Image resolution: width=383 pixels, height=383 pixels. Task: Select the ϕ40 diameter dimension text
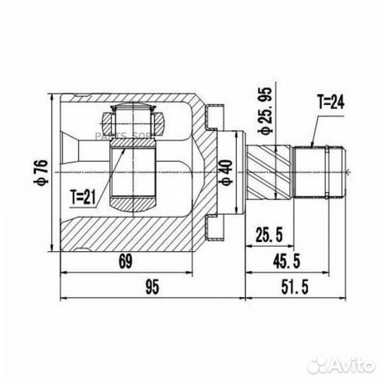coord(226,172)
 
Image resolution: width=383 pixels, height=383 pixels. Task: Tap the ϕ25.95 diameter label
coord(265,113)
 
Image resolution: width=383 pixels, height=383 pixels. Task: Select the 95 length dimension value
coord(150,287)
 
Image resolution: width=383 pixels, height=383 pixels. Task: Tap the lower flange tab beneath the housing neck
coord(211,228)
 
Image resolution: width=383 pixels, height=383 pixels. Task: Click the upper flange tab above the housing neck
coord(212,113)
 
